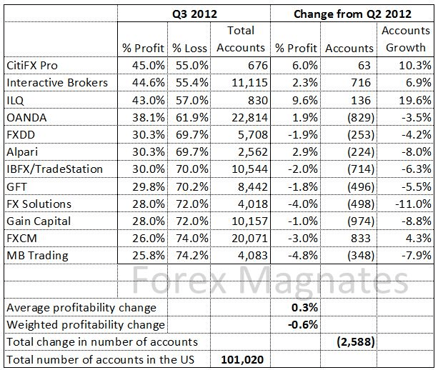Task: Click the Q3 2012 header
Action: point(192,13)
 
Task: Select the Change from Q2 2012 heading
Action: point(353,13)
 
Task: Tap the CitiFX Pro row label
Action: point(32,64)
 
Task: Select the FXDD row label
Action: point(21,134)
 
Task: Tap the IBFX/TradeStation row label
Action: point(54,169)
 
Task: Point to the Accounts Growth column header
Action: point(406,39)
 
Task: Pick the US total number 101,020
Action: point(244,359)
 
